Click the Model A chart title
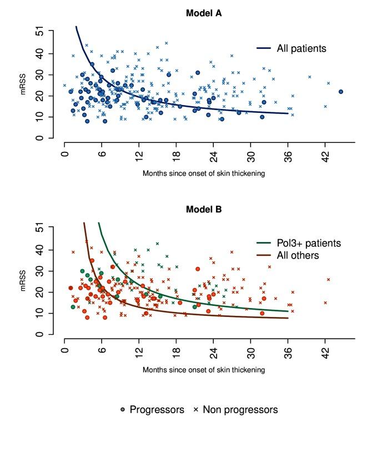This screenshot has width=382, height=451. pyautogui.click(x=204, y=13)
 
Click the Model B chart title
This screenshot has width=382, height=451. pyautogui.click(x=204, y=210)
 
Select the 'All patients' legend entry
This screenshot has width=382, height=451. pyautogui.click(x=301, y=49)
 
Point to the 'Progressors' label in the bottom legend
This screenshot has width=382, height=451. pyautogui.click(x=157, y=410)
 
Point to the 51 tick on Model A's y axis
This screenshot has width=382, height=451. pyautogui.click(x=39, y=33)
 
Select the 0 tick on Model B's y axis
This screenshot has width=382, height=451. pyautogui.click(x=39, y=334)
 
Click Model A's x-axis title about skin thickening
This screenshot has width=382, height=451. pyautogui.click(x=203, y=173)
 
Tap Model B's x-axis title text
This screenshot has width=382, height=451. pyautogui.click(x=203, y=369)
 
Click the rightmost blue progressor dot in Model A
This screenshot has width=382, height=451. pyautogui.click(x=341, y=92)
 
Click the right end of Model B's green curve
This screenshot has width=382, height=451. pyautogui.click(x=288, y=311)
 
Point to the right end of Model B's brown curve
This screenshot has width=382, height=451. pyautogui.click(x=288, y=318)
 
